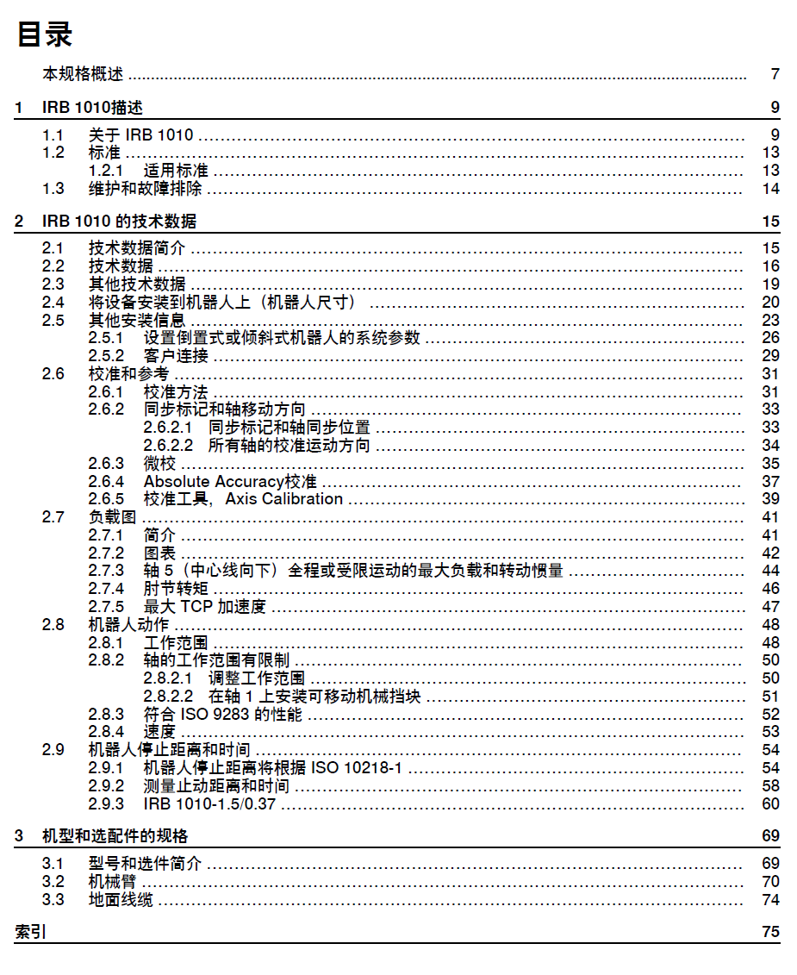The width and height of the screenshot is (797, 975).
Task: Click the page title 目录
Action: coord(45,34)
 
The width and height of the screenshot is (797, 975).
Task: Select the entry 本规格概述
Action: coord(83,74)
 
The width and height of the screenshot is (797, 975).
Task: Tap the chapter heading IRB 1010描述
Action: coord(92,108)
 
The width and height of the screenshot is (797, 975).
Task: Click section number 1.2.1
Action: coord(106,171)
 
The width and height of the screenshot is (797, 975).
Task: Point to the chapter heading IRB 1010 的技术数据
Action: coord(119,222)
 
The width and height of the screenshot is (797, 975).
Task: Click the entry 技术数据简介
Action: coord(136,248)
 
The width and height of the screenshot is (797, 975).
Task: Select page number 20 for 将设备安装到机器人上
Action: coord(770,302)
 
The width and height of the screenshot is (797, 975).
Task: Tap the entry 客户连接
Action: coord(176,356)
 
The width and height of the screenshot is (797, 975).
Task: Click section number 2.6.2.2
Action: coord(167,446)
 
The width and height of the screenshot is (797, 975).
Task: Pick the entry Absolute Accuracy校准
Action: coord(230,481)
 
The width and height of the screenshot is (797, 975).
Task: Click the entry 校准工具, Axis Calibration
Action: coord(243,499)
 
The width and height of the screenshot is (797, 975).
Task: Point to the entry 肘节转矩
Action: coord(176,589)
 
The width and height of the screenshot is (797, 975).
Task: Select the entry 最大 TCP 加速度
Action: coord(204,607)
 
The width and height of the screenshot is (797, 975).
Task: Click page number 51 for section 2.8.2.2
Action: coord(770,697)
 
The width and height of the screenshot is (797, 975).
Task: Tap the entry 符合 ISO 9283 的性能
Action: coord(223,715)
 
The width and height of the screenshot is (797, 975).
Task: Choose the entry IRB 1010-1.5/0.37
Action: coord(210,804)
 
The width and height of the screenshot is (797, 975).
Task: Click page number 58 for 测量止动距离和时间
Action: coord(770,786)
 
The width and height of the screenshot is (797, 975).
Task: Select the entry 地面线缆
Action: coord(121,900)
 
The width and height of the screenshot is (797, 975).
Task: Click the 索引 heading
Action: coord(31,932)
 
